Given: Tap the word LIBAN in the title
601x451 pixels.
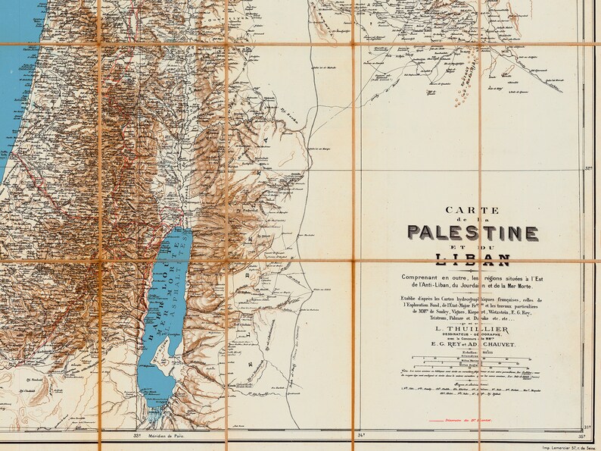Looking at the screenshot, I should (x=473, y=262).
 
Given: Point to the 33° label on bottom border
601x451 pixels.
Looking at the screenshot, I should (x=137, y=436).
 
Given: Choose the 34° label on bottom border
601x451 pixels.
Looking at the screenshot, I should (x=361, y=436).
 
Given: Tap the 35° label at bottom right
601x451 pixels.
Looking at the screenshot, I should (x=581, y=437).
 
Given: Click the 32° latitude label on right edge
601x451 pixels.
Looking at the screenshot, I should (x=590, y=171).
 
